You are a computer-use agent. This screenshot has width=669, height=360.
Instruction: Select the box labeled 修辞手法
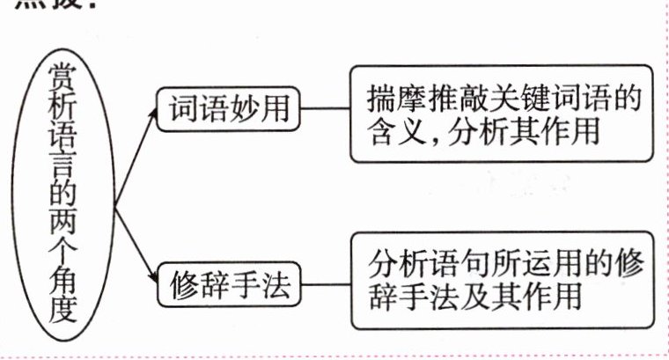[x=229, y=285]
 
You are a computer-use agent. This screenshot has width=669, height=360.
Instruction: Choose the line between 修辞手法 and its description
[x=325, y=285]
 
